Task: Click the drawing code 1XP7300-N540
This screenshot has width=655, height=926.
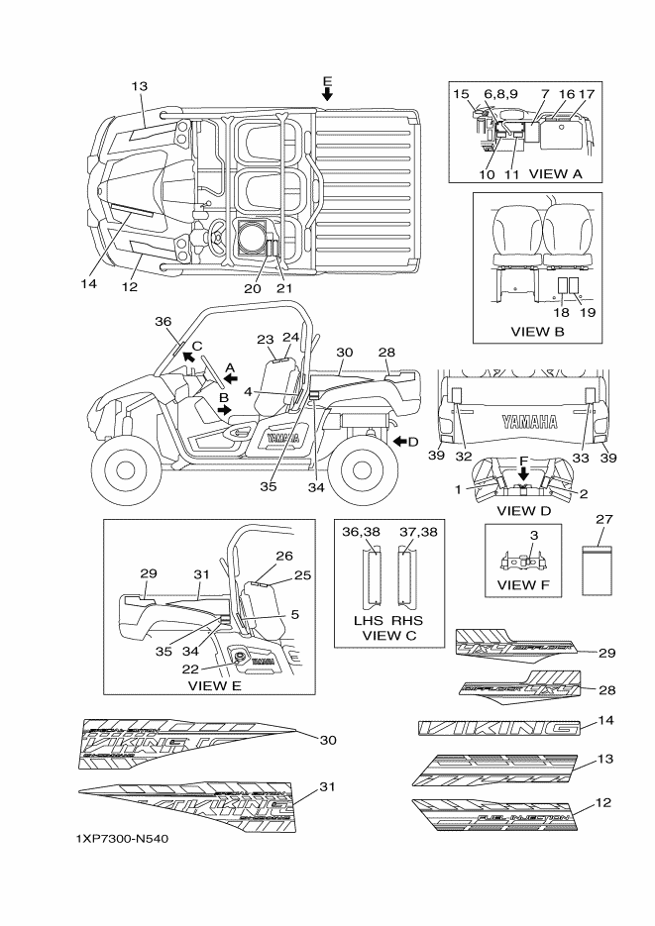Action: [x=121, y=838]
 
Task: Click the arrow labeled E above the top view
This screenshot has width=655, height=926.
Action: [x=327, y=93]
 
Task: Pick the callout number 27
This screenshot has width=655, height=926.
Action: [x=603, y=519]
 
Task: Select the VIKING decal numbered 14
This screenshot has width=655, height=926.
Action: [x=497, y=728]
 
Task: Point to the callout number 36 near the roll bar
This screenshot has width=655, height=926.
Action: [x=164, y=321]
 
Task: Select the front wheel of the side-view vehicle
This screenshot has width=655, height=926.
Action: [x=126, y=468]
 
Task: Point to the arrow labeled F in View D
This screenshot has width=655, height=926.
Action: [x=523, y=473]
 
